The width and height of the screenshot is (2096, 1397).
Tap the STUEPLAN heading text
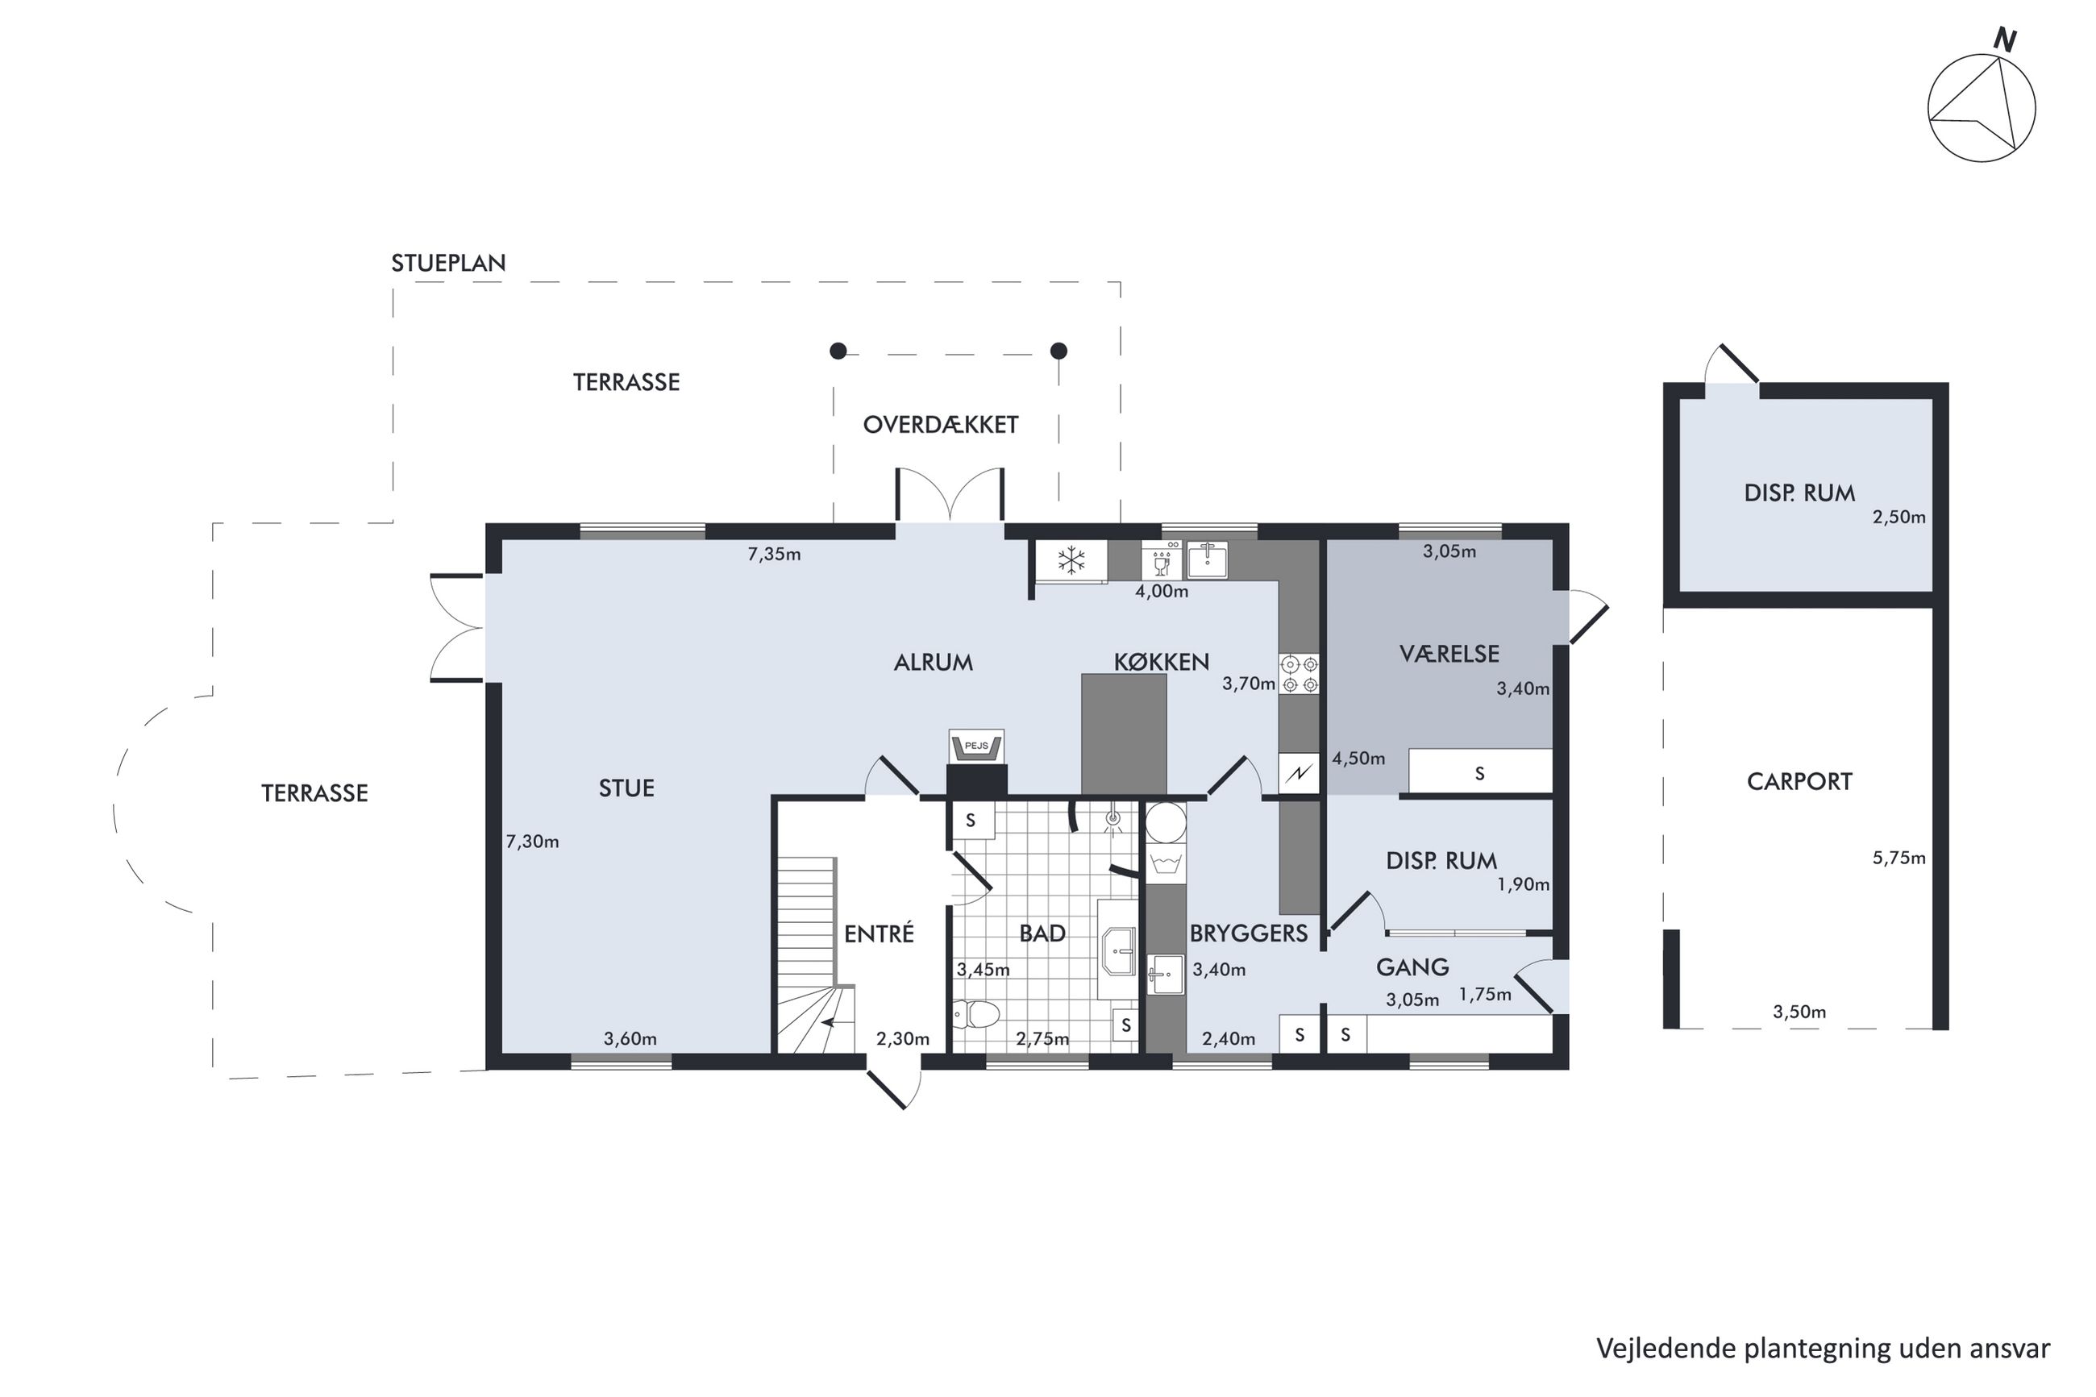pyautogui.click(x=448, y=264)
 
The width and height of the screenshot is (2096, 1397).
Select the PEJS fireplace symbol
pyautogui.click(x=976, y=746)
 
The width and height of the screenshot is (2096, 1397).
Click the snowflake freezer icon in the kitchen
pyautogui.click(x=1071, y=560)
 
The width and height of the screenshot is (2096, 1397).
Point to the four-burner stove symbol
pyautogui.click(x=1300, y=674)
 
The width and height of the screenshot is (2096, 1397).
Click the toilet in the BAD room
pyautogui.click(x=976, y=1012)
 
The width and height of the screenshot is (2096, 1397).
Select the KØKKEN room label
pyautogui.click(x=1162, y=663)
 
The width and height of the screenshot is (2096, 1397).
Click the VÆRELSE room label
pyautogui.click(x=1449, y=654)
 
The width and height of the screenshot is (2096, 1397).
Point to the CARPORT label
pyautogui.click(x=1799, y=782)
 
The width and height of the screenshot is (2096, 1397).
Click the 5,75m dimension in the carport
pyautogui.click(x=1899, y=859)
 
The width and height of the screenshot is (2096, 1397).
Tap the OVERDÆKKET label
pyautogui.click(x=941, y=425)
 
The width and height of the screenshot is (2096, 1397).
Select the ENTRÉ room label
pyautogui.click(x=880, y=933)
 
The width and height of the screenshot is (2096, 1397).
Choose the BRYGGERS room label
pyautogui.click(x=1249, y=933)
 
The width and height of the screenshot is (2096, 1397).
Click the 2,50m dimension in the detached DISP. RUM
pyautogui.click(x=1899, y=518)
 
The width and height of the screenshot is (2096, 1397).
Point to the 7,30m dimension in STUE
pyautogui.click(x=533, y=842)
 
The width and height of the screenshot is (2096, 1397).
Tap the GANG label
pyautogui.click(x=1412, y=967)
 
